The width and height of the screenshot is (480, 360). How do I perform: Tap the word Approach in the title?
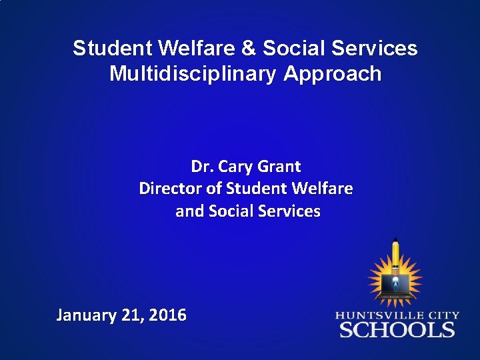pos(333,73)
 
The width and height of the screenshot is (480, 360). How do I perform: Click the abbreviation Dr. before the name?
pos(201,166)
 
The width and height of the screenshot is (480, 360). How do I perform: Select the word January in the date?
pos(87,315)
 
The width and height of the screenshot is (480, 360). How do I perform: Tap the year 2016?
pos(167,315)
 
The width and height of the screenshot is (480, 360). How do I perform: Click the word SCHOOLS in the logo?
pos(397,329)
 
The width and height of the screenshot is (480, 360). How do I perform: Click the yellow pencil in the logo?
pos(395,253)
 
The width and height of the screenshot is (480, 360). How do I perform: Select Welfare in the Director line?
pos(322,189)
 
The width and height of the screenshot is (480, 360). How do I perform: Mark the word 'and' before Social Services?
pos(190,211)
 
